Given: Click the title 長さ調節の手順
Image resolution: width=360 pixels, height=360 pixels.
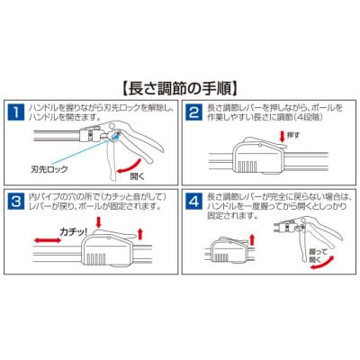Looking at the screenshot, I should [179, 88].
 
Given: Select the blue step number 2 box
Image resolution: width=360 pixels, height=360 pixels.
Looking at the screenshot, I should [193, 113].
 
